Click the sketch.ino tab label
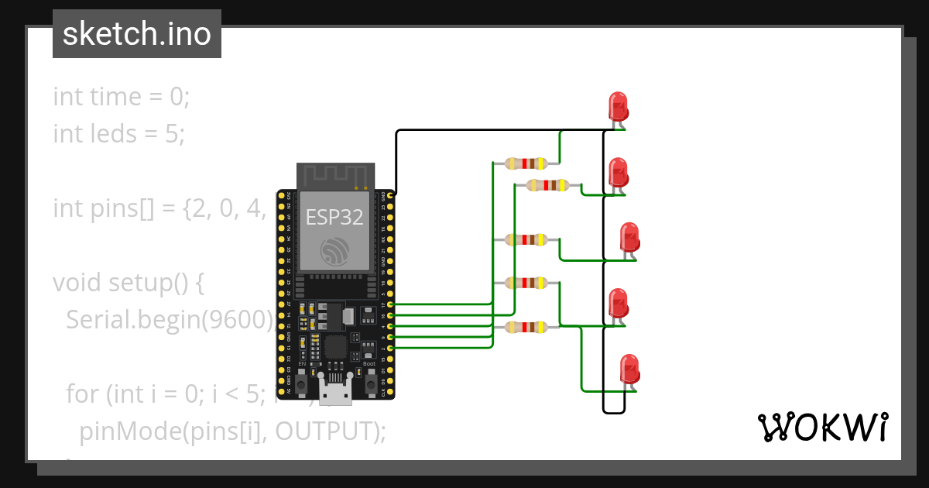click(x=137, y=34)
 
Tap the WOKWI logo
click(x=821, y=428)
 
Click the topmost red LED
click(x=618, y=105)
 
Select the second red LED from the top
click(x=618, y=171)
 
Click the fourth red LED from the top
click(x=618, y=302)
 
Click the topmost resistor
click(x=526, y=163)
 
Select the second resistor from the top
click(x=547, y=185)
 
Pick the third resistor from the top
click(x=526, y=239)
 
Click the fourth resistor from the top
click(x=526, y=284)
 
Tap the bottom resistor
click(x=526, y=327)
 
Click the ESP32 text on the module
click(x=334, y=217)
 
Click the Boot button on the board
click(x=369, y=377)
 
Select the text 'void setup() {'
click(x=129, y=283)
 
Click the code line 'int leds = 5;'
click(x=119, y=134)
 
